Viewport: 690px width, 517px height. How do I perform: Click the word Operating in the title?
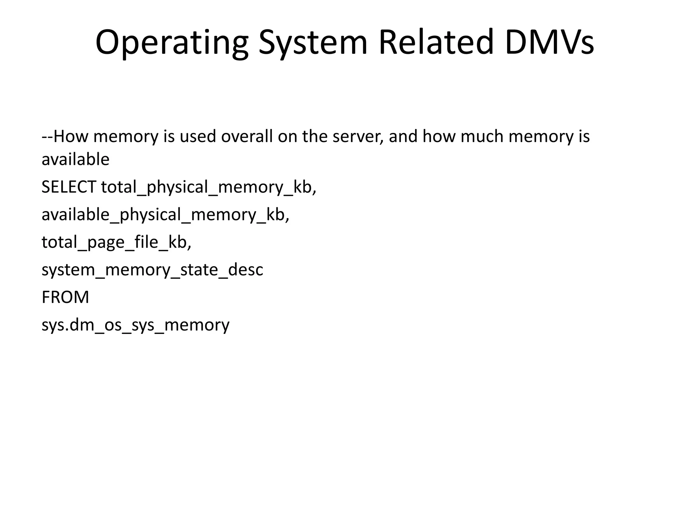[172, 43]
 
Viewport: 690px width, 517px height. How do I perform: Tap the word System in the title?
[313, 43]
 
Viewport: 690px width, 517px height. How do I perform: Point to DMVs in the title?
[550, 43]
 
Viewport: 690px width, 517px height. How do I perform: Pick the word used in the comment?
[197, 136]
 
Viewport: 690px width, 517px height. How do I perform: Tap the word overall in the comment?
[247, 136]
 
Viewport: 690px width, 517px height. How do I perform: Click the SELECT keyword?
[69, 187]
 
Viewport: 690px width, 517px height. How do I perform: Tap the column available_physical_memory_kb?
[165, 215]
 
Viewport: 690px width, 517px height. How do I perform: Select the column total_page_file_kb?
[116, 242]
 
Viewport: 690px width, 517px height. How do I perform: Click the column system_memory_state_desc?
[152, 270]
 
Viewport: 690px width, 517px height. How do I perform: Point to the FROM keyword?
[65, 297]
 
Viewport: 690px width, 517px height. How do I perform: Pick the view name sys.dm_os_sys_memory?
[135, 325]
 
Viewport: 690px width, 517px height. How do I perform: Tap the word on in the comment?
[287, 136]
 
